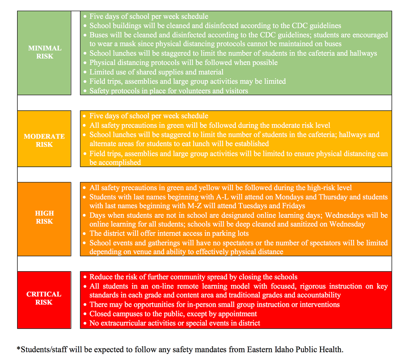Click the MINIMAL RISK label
(x=45, y=52)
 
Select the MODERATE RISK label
(x=44, y=140)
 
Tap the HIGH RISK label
(x=44, y=217)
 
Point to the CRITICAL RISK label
(x=44, y=298)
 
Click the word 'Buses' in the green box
(x=99, y=35)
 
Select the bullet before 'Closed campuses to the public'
(x=85, y=314)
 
